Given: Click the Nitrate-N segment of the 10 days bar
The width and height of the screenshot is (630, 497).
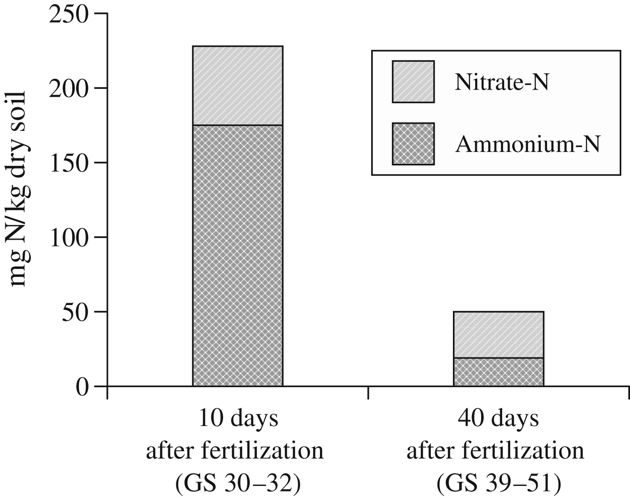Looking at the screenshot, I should click(x=238, y=85).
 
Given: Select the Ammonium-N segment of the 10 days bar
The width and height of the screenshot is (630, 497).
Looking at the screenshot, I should click(x=238, y=255).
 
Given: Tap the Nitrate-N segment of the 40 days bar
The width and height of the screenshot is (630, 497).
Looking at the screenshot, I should click(x=499, y=335).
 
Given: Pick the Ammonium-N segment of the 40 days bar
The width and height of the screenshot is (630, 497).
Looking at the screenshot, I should click(x=499, y=372).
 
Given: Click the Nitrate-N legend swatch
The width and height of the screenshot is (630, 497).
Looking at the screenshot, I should click(x=413, y=82).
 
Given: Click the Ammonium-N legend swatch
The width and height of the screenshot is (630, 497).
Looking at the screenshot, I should click(x=413, y=144).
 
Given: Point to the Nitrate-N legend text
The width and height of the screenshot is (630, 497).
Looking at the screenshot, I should click(x=502, y=83).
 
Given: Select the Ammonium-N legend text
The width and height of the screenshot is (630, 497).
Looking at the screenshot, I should click(x=528, y=145).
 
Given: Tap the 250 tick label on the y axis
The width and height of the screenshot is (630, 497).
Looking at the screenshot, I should click(x=70, y=14).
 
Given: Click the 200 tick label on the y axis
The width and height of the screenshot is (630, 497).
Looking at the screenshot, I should click(x=70, y=89).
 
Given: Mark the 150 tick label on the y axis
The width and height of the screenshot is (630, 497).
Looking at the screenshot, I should click(x=70, y=163).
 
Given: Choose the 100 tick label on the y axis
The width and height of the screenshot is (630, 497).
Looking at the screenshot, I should click(x=70, y=237).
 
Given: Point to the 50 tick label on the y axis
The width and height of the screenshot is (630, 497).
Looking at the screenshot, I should click(x=76, y=312).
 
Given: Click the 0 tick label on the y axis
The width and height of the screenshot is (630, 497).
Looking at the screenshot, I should click(x=83, y=387).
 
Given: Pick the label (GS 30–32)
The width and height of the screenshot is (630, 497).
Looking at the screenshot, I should click(x=238, y=484).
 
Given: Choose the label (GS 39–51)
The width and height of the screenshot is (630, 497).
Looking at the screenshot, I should click(x=499, y=484).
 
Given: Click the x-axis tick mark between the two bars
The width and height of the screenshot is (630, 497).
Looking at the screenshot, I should click(x=368, y=392).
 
